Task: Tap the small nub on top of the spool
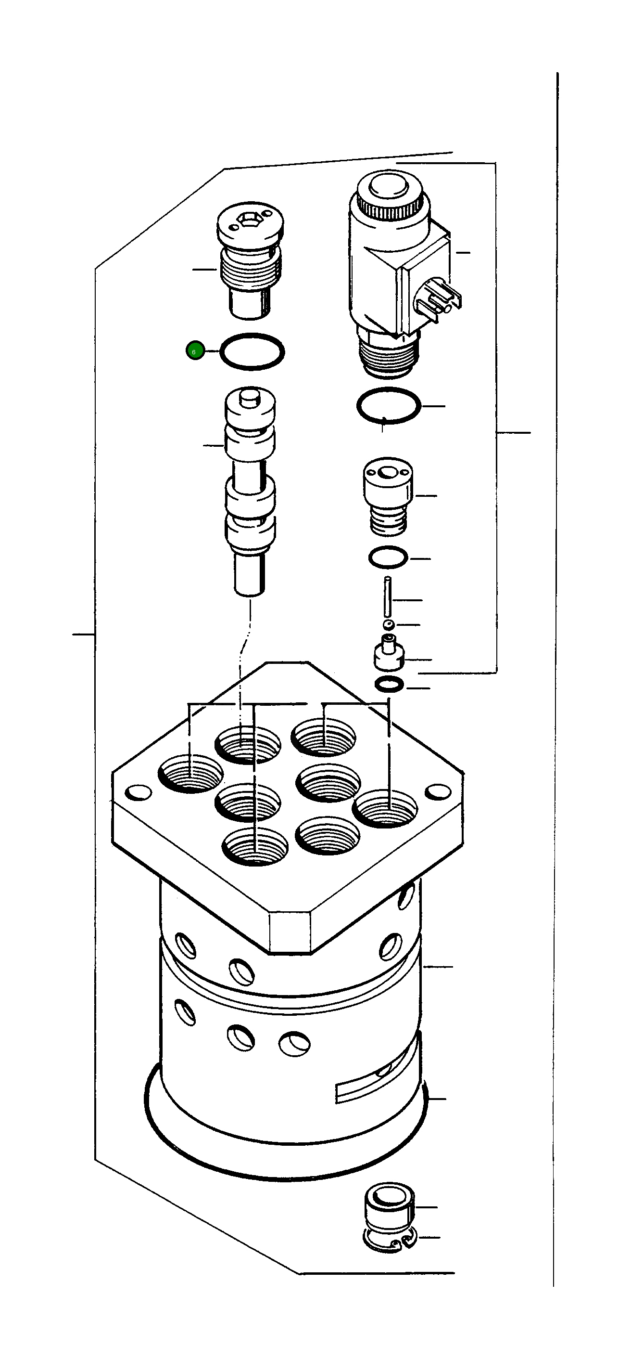point(250,395)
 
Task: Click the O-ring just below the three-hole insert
point(388,557)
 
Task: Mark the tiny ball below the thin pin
point(389,625)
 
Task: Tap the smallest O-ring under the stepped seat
point(389,685)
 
